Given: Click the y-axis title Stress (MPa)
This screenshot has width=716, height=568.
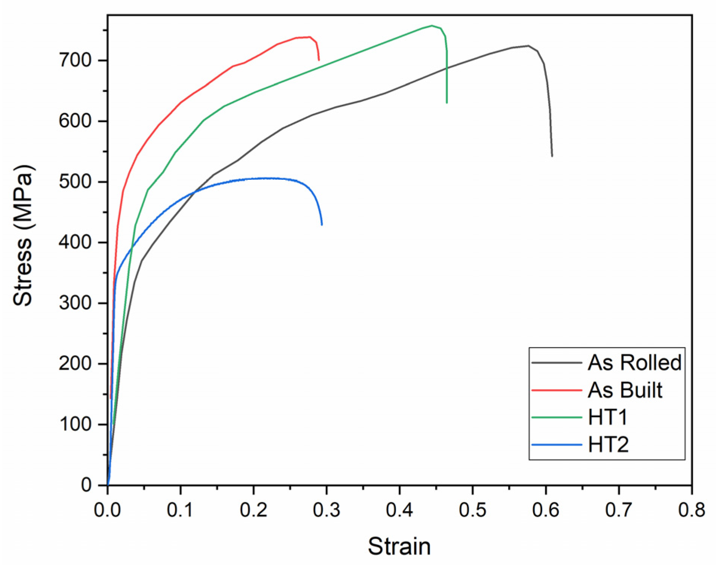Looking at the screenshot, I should (23, 235).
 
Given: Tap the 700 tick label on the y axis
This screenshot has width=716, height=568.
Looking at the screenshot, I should (75, 60).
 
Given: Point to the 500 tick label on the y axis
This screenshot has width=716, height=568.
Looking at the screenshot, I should (75, 182).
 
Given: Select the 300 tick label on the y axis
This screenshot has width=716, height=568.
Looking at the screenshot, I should (75, 303).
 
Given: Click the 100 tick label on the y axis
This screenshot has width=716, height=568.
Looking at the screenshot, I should (75, 424).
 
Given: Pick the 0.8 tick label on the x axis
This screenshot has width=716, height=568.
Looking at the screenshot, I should (691, 510).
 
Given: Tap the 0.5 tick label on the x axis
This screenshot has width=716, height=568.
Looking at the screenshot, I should (472, 510).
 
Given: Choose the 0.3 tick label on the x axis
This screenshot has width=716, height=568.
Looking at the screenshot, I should (327, 510).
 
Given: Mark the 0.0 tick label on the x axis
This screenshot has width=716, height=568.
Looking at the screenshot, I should (107, 510).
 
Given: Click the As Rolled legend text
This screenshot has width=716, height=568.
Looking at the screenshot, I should (635, 363).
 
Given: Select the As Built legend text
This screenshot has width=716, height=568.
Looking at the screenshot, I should (625, 390).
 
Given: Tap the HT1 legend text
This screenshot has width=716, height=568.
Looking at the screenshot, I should (608, 417).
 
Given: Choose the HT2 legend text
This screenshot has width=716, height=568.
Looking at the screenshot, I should (609, 445).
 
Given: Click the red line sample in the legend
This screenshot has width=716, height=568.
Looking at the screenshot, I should (557, 390).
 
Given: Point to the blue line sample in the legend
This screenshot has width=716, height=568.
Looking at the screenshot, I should (557, 445).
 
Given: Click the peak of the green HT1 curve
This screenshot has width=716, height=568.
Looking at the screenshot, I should (432, 26).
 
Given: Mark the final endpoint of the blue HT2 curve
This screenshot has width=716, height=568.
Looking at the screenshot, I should (322, 225).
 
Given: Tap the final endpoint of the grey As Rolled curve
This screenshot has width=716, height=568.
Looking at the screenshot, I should (552, 156).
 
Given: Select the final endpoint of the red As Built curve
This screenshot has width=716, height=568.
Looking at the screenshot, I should (319, 60).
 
